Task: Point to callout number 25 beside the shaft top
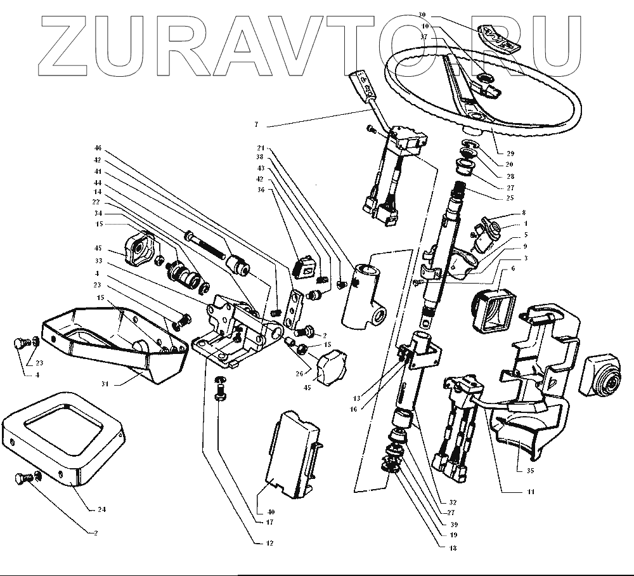click(510, 198)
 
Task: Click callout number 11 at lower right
click(531, 492)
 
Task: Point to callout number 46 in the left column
click(98, 148)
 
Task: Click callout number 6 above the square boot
click(512, 268)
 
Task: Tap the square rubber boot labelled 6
click(493, 311)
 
